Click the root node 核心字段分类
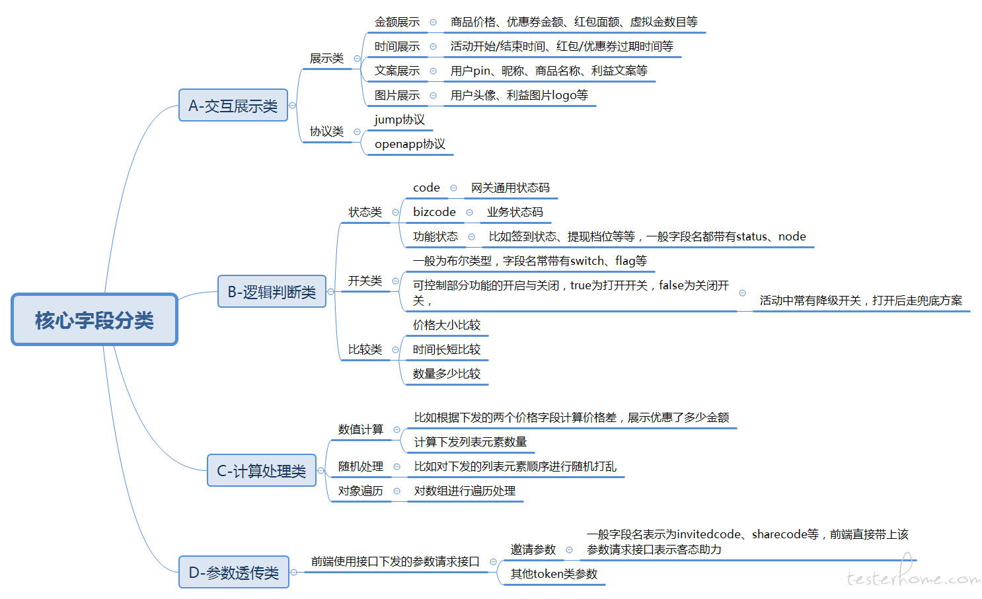(x=94, y=320)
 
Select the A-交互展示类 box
(x=233, y=105)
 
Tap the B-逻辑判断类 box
(x=272, y=291)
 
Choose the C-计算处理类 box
(x=262, y=470)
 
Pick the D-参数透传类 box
(x=234, y=572)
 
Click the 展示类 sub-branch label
(x=326, y=58)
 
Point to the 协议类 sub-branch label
(x=326, y=131)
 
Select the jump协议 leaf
(x=399, y=120)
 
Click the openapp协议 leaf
(x=410, y=144)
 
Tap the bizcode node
(x=434, y=212)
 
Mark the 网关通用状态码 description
(x=510, y=188)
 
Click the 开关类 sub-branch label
(x=365, y=281)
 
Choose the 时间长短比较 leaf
(x=447, y=349)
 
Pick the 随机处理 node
(x=360, y=467)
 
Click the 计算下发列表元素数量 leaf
(x=471, y=442)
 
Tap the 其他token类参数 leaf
(x=554, y=574)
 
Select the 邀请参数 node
(x=533, y=549)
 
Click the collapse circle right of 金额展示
(x=433, y=22)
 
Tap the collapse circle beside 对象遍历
(x=397, y=491)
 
